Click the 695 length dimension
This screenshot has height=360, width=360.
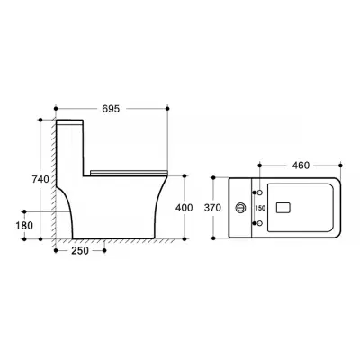[111, 109]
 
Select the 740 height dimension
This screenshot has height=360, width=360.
[40, 179]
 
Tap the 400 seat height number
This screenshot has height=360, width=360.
[184, 208]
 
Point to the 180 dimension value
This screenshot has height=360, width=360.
[24, 225]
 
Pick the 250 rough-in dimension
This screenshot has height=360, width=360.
[80, 250]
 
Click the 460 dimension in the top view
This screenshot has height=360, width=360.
[301, 166]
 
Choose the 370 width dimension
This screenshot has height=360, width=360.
[212, 208]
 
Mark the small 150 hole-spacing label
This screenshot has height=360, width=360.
[260, 208]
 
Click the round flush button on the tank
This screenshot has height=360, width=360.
[240, 208]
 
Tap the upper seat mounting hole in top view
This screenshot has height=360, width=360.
[260, 192]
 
